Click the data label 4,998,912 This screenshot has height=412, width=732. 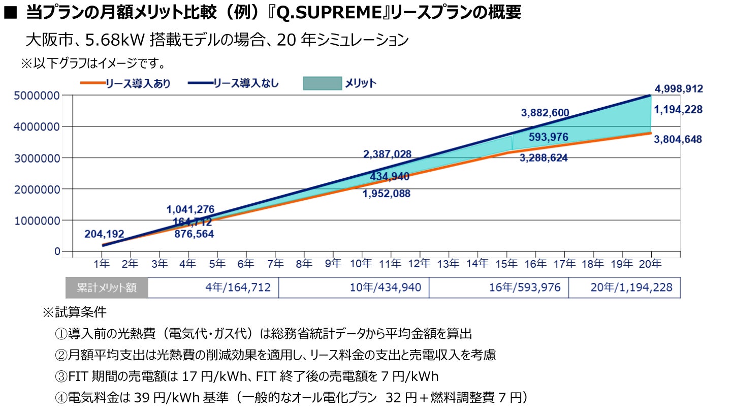point(679,89)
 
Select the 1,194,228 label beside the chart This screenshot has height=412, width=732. point(679,109)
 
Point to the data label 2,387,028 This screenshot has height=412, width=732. point(387,154)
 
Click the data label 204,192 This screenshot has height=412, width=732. point(105,234)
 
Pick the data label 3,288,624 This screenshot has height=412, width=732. point(544,158)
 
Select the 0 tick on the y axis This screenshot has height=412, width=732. point(57,251)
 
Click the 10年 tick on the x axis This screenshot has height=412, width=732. point(362,264)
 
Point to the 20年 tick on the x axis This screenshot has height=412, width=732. point(650,264)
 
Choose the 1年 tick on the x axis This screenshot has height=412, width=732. point(102,264)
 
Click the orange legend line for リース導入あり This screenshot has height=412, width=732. point(91,83)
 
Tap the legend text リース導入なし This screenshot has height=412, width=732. point(246,83)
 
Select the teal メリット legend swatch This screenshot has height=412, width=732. point(322,83)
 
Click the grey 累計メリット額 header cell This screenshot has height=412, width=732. point(107,288)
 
